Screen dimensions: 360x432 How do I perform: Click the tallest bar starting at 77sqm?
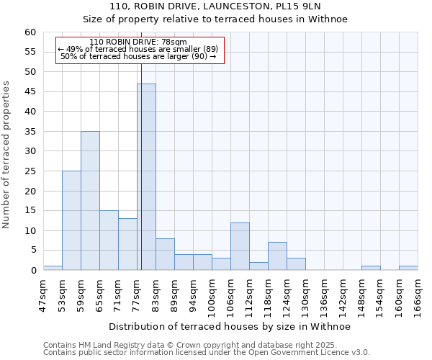click(x=147, y=176)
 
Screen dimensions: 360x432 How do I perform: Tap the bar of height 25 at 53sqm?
click(x=71, y=220)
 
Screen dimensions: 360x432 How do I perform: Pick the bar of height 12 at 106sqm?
click(x=240, y=246)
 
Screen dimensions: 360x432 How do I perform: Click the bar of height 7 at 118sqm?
click(x=277, y=256)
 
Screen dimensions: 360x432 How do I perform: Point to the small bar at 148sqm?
click(x=371, y=268)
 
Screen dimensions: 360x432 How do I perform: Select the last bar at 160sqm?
click(x=408, y=268)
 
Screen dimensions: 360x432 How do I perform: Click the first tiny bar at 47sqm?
click(x=53, y=268)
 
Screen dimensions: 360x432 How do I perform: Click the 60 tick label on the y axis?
click(x=30, y=32)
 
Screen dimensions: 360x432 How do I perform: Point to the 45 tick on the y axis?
click(x=30, y=92)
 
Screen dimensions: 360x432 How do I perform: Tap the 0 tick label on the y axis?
click(x=33, y=271)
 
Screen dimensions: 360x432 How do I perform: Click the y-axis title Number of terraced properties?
click(x=6, y=155)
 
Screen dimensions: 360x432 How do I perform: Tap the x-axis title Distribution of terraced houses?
click(x=228, y=326)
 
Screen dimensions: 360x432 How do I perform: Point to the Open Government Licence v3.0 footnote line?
click(x=207, y=353)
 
